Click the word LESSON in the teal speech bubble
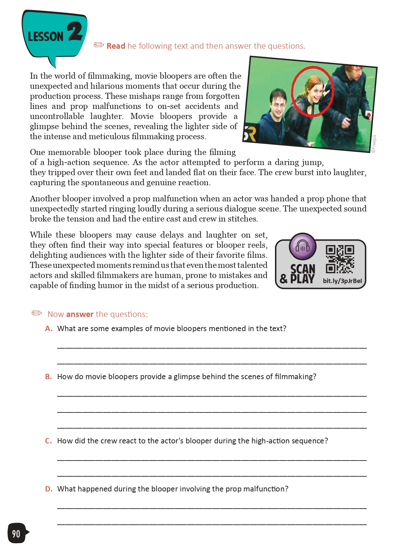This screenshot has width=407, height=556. click(45, 36)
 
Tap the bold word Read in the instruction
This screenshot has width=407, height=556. click(116, 46)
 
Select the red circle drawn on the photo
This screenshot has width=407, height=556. click(312, 91)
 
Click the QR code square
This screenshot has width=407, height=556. click(340, 259)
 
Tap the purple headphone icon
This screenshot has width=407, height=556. click(302, 247)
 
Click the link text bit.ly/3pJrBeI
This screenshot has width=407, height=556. click(342, 281)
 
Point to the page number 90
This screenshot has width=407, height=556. click(16, 533)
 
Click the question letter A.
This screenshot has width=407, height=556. click(49, 329)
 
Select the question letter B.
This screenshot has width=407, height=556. click(48, 377)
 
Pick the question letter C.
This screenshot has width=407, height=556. click(48, 441)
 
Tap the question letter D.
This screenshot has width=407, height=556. click(49, 489)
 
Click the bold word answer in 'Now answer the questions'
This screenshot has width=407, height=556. click(80, 314)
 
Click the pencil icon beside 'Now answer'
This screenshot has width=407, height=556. click(37, 313)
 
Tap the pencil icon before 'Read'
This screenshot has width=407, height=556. click(99, 45)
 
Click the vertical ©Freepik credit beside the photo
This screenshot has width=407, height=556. click(374, 144)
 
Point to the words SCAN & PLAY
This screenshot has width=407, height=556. click(298, 274)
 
